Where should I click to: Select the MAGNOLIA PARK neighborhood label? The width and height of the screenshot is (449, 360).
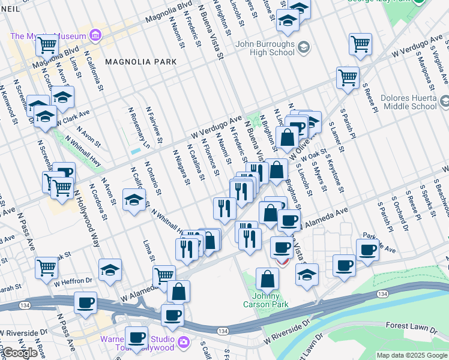(140, 62)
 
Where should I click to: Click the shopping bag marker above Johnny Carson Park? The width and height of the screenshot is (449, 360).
(267, 279)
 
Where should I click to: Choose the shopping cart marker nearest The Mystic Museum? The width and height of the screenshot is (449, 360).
(46, 44)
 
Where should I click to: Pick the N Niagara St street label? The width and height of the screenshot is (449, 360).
(181, 167)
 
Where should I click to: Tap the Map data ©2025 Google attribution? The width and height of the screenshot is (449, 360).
(412, 355)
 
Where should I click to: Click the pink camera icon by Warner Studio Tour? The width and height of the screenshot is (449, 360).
(183, 343)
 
